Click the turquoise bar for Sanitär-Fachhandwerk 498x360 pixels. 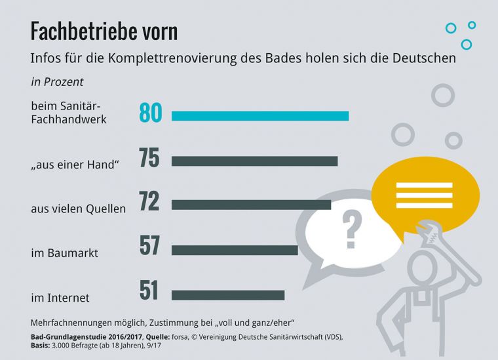coord(260,116)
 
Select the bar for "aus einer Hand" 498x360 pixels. coord(254,161)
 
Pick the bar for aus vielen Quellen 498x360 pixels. coord(251,205)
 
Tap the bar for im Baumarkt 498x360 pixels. coord(235,250)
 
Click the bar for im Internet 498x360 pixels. coord(228,295)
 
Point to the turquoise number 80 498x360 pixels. coord(150,113)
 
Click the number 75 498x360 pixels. coord(149,158)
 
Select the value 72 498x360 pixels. coord(149,201)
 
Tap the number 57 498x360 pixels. coord(149,245)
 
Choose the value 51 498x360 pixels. coord(149,290)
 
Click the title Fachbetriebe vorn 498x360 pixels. coord(104,31)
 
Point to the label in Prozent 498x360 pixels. coord(57,83)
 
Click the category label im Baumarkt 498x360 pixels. coord(64,252)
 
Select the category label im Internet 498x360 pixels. coord(60,298)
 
